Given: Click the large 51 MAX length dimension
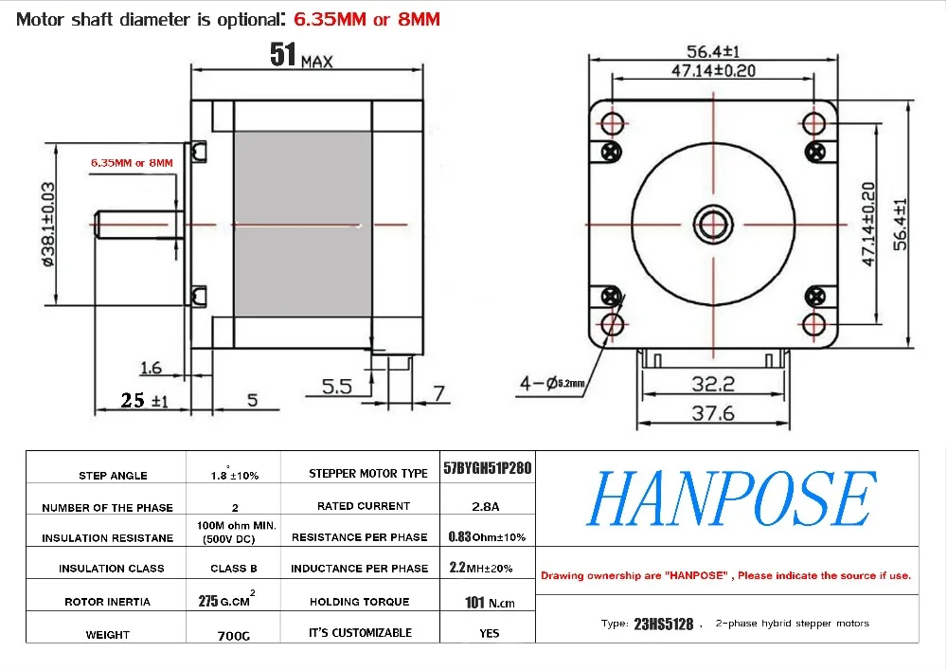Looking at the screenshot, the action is tap(301, 55).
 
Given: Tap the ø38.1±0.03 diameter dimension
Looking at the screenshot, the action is tap(47, 225).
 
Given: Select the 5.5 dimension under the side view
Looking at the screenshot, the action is tap(336, 386).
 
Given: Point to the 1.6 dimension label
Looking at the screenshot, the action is tap(151, 368).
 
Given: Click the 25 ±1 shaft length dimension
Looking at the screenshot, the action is tap(144, 400).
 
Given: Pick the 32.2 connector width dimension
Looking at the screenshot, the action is tap(713, 384).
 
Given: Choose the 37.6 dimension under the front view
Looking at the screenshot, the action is tap(713, 413).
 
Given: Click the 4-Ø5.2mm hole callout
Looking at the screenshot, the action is tap(552, 383).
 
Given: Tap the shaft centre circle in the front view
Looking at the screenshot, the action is tap(713, 225).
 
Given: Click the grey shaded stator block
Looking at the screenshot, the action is tap(303, 225).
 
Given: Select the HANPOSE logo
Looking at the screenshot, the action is tap(731, 498).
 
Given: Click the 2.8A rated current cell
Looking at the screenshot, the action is tap(486, 506).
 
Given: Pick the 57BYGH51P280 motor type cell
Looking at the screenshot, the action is tap(488, 468).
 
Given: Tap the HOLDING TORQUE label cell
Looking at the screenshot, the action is tap(359, 602).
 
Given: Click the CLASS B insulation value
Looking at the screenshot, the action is tap(234, 569).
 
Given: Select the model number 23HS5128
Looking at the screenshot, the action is tap(663, 625).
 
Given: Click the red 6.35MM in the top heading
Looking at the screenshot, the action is tap(330, 19).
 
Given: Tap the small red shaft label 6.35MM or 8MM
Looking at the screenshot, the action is tap(132, 163).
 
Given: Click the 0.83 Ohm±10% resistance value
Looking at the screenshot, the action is tap(487, 536).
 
